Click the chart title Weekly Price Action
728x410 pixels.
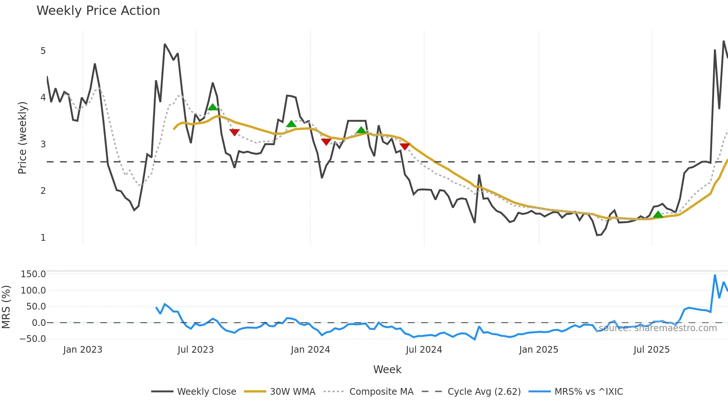coord(98,11)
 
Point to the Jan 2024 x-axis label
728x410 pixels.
coord(310,350)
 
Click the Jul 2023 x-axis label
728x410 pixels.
coord(195,350)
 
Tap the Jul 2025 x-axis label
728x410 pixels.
coord(651,350)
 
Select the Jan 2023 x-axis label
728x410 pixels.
coord(82,350)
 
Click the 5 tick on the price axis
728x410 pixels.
coord(43,51)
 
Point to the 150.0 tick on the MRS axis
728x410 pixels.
coord(33,274)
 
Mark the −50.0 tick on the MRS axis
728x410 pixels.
coord(33,339)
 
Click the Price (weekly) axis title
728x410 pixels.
coord(23,138)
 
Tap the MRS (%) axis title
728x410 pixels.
coord(6,307)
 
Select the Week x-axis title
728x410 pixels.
coord(387,369)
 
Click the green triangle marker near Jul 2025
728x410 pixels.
coord(658,215)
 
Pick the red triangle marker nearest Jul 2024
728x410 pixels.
coord(405,147)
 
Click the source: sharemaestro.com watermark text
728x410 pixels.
coord(657,328)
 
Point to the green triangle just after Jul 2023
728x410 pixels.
coord(213,107)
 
